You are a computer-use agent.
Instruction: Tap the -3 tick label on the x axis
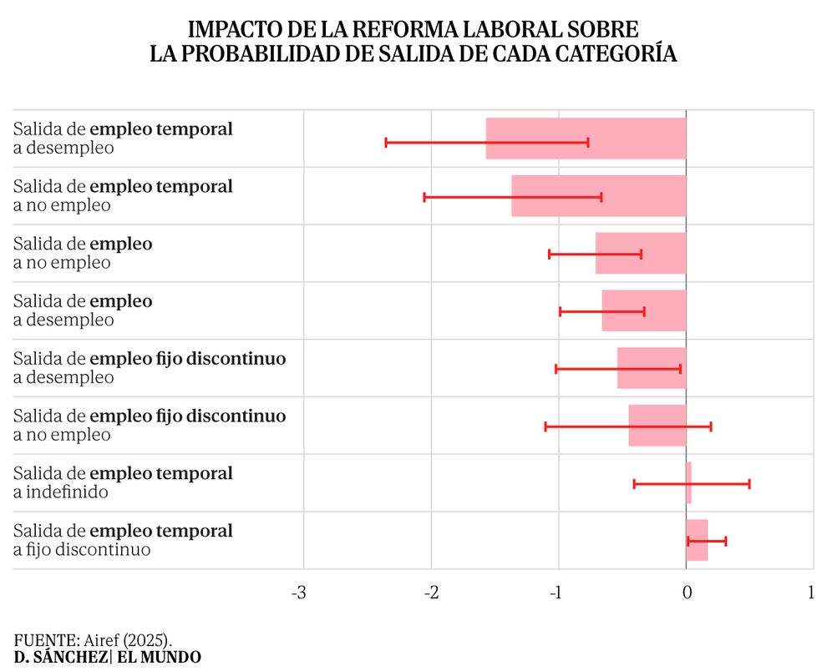pos(299,593)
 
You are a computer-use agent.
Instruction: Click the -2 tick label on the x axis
pos(431,593)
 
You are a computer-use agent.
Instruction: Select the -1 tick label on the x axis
pos(556,593)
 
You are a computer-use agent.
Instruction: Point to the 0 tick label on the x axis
pos(686,593)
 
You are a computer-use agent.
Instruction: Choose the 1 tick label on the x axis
pos(811,593)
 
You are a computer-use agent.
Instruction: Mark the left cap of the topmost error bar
pos(386,142)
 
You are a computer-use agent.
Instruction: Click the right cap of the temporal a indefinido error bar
pos(749,484)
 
